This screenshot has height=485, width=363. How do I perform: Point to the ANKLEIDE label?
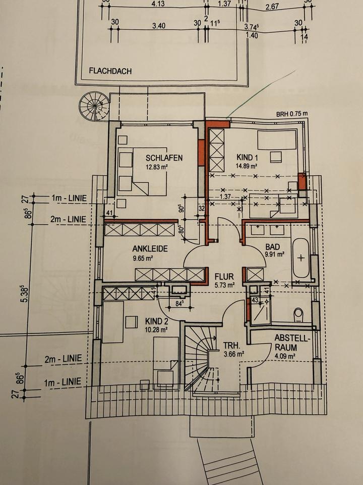150,249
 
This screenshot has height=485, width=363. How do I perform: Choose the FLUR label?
224,277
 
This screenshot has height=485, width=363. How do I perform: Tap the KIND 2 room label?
157,321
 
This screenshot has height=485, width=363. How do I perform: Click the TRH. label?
232,346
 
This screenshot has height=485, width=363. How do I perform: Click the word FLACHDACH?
110,71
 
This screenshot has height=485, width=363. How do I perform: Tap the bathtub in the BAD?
301,258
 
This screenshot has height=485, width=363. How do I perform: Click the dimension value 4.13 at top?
158,4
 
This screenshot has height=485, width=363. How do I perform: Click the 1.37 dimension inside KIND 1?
225,196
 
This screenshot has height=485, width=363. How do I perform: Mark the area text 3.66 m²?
233,354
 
